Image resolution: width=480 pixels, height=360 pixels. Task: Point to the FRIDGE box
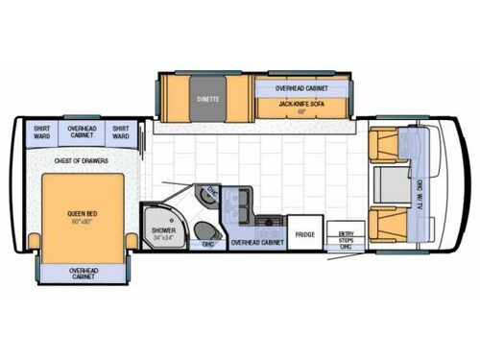(x=305, y=234)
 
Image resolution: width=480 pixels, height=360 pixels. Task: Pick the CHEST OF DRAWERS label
(x=82, y=160)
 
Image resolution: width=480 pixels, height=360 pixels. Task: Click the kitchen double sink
(x=245, y=200)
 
